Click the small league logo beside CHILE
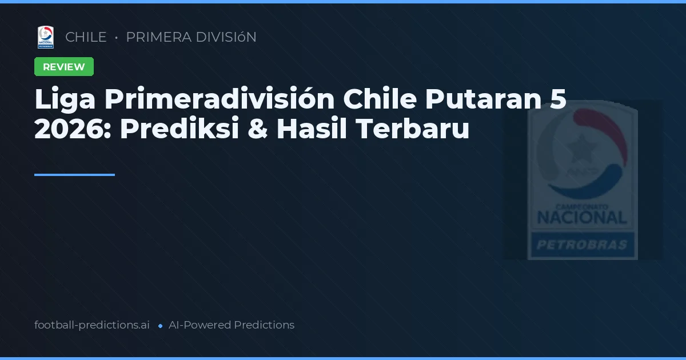pyautogui.click(x=46, y=37)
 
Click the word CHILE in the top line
pyautogui.click(x=86, y=37)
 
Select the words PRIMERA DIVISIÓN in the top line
pyautogui.click(x=191, y=37)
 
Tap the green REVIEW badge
pyautogui.click(x=64, y=67)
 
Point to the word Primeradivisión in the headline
pyautogui.click(x=219, y=100)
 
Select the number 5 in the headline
pyautogui.click(x=559, y=100)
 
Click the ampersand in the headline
pyautogui.click(x=256, y=130)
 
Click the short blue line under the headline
pyautogui.click(x=74, y=175)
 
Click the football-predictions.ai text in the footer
pyautogui.click(x=92, y=325)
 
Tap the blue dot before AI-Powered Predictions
pyautogui.click(x=160, y=326)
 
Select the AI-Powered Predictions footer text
pyautogui.click(x=232, y=325)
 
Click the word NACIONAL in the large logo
pyautogui.click(x=582, y=217)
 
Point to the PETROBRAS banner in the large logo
pyautogui.click(x=582, y=246)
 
